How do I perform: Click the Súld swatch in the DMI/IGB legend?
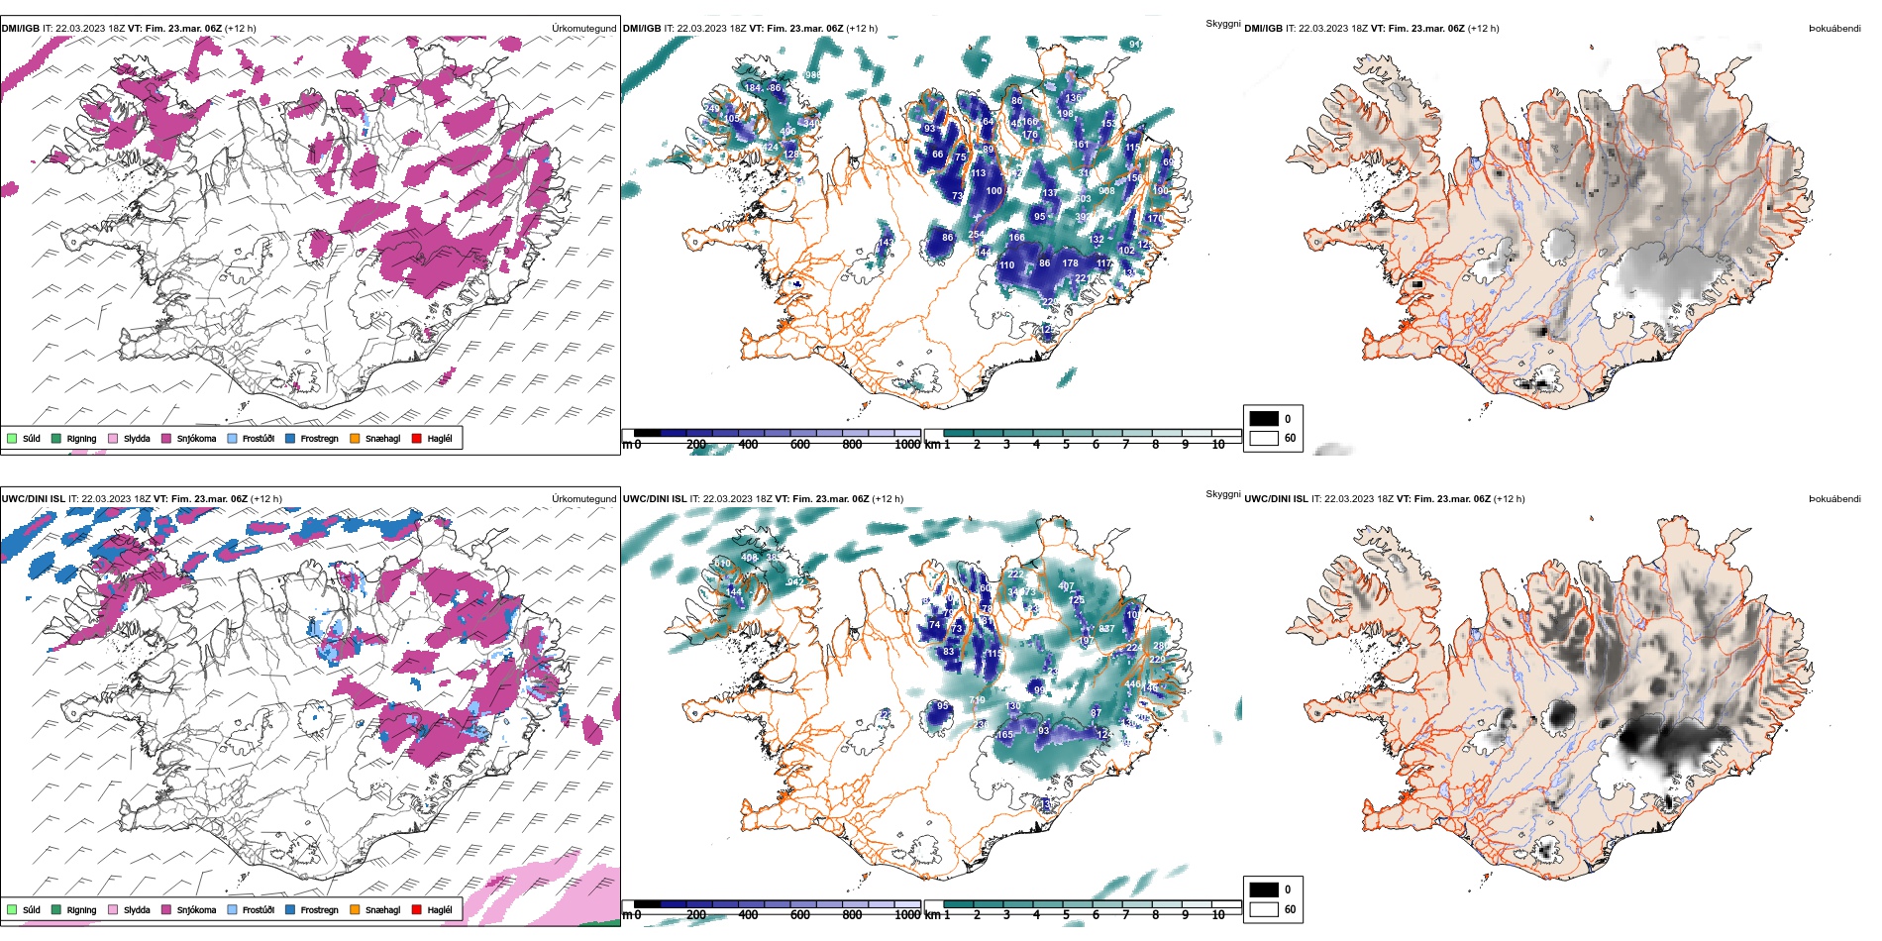[12, 438]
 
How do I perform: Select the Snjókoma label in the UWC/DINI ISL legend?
[196, 909]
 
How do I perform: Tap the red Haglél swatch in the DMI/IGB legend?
[417, 438]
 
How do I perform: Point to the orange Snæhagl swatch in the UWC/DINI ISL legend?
[355, 909]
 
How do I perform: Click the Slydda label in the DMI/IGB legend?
[137, 438]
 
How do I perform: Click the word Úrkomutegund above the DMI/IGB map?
[583, 29]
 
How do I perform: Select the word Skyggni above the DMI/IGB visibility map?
[1222, 24]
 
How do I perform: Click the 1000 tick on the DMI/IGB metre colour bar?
[907, 445]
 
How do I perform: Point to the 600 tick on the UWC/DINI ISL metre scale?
[800, 915]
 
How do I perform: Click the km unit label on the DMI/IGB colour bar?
[932, 445]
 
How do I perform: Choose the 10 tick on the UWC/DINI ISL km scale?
[1218, 915]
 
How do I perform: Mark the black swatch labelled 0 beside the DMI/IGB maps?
[1264, 419]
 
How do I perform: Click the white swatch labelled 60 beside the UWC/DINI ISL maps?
[1264, 909]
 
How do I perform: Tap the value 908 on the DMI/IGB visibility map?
[1106, 191]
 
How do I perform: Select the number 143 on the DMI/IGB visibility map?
[886, 242]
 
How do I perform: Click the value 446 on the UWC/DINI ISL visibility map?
[1132, 684]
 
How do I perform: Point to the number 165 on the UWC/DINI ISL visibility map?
[1005, 735]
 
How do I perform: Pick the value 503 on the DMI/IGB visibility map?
[1084, 199]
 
